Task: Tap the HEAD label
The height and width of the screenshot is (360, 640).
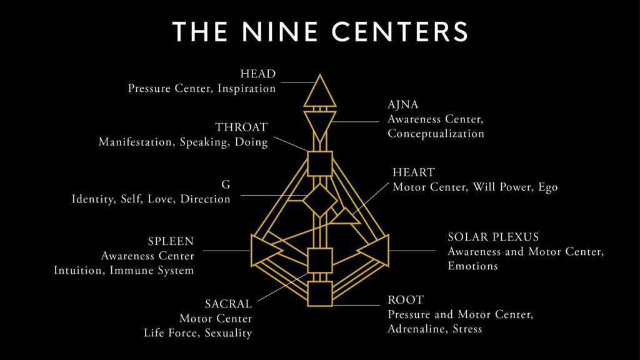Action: (258, 74)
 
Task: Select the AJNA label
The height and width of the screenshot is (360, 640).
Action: (403, 104)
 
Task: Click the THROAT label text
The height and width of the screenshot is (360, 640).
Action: (241, 127)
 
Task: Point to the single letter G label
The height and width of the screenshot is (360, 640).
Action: (226, 184)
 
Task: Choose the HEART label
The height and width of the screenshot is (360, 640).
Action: (414, 172)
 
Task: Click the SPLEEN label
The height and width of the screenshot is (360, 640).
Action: (171, 241)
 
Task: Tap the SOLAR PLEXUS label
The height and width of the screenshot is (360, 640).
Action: (493, 237)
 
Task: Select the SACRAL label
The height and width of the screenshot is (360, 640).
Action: (228, 304)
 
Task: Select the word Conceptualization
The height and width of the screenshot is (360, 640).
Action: (436, 134)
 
